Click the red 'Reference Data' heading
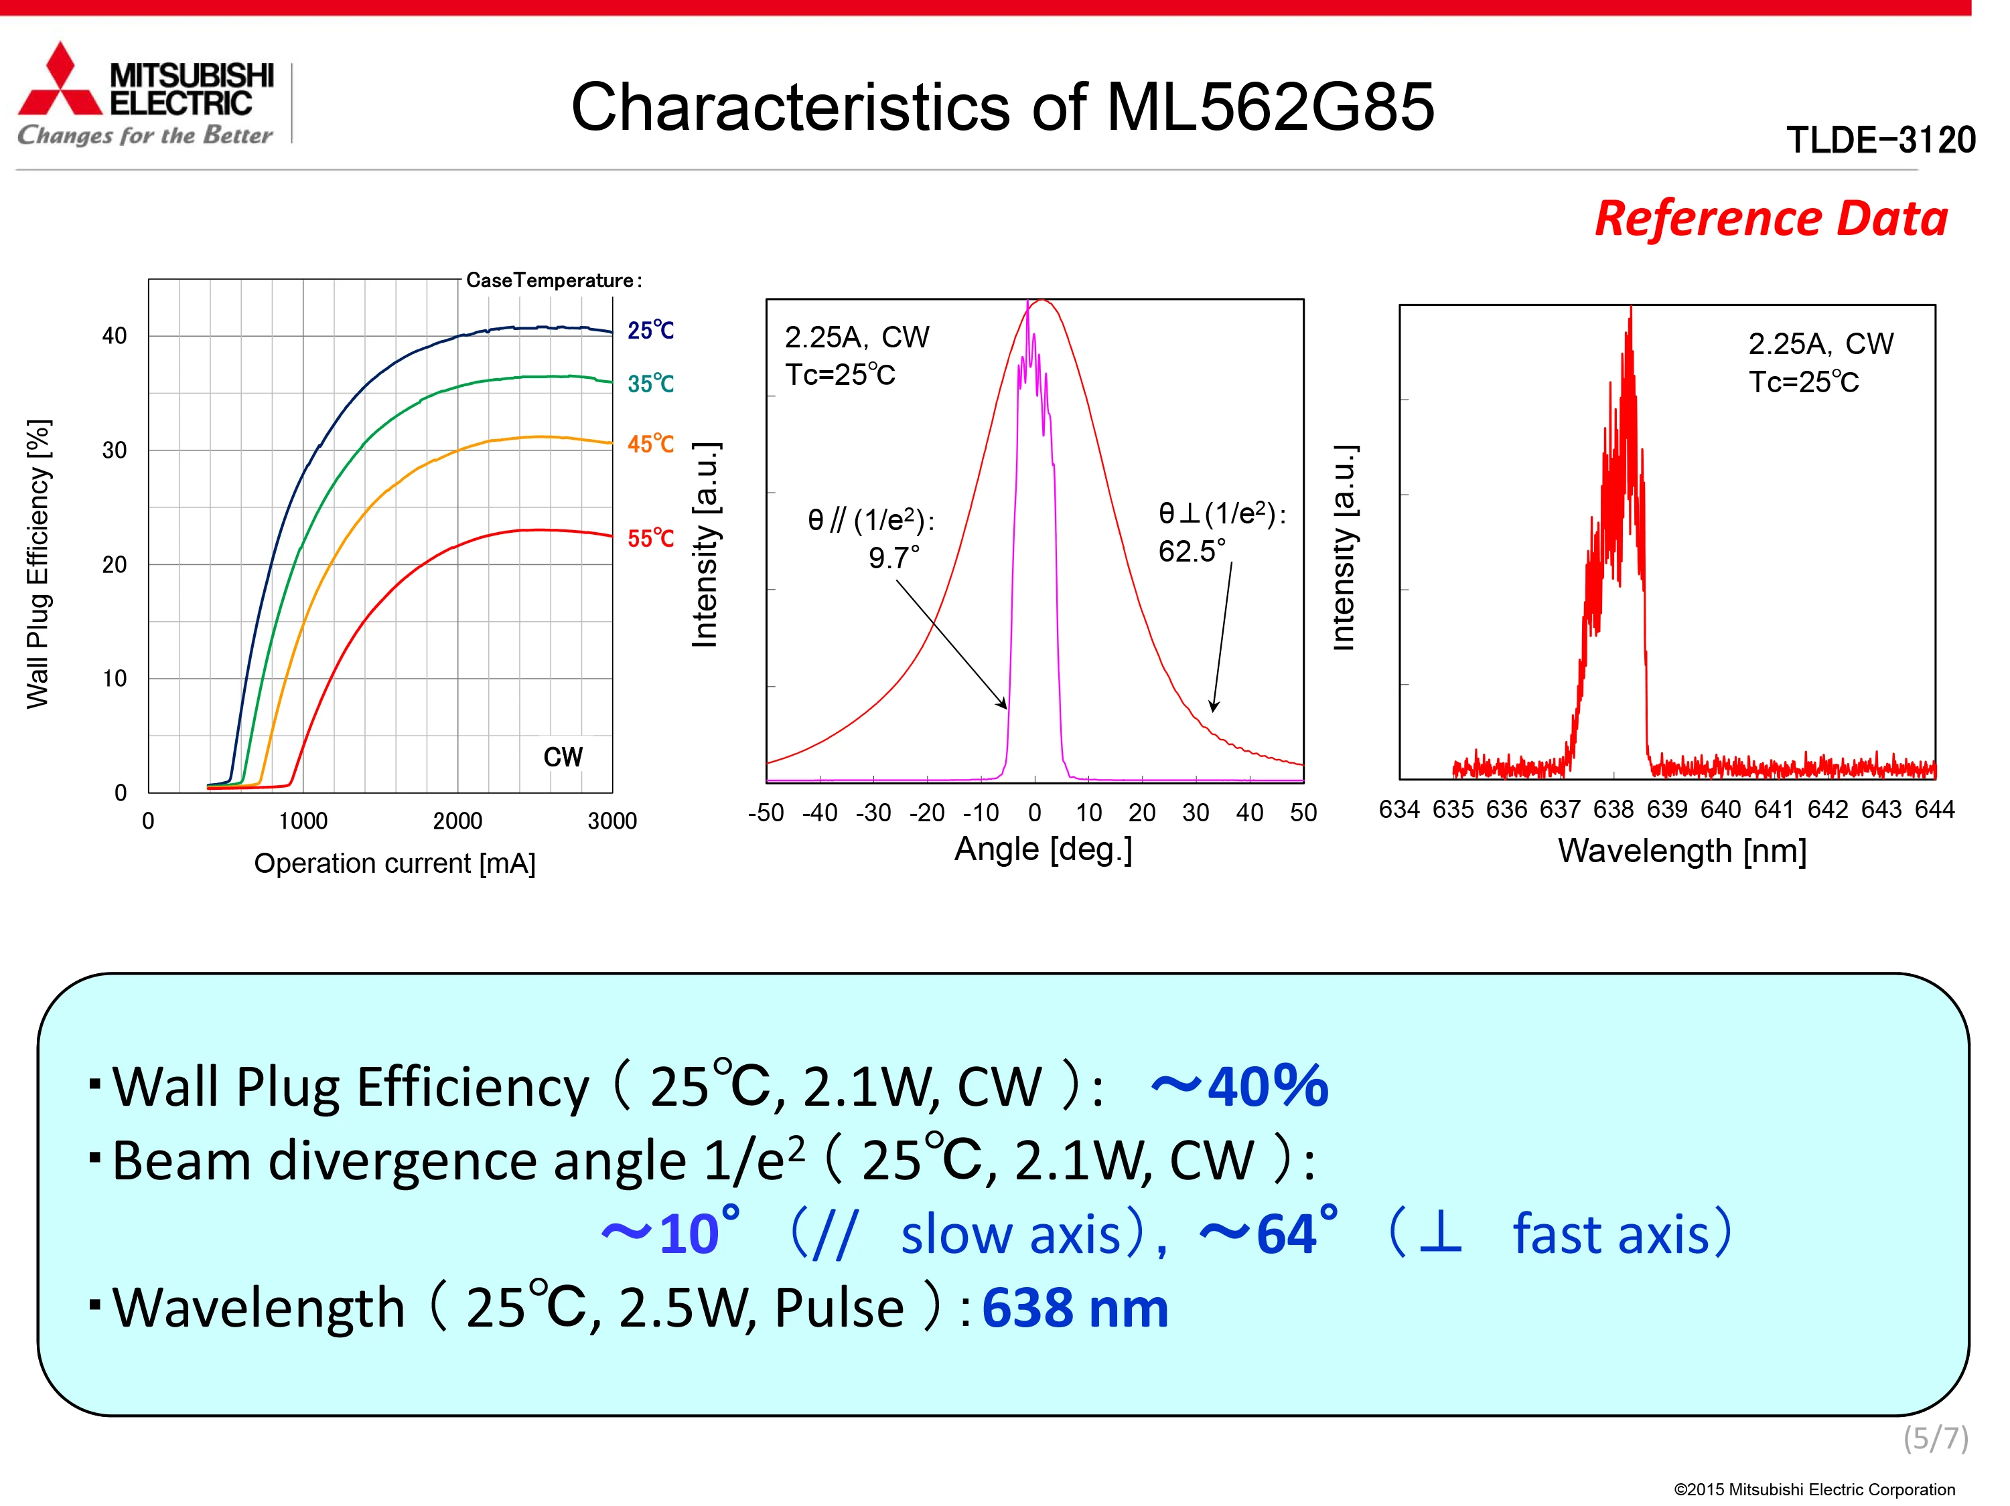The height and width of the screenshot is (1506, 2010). click(1770, 219)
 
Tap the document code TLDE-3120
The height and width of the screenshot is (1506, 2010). click(1880, 141)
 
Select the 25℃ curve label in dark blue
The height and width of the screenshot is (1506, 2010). click(650, 331)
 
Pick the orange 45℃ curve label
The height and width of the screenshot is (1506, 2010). click(650, 444)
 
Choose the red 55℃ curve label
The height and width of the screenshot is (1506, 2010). click(650, 539)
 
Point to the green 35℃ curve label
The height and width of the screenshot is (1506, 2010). click(650, 384)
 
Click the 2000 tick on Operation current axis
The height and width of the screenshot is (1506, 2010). click(457, 821)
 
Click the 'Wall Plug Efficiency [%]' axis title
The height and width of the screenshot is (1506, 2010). click(38, 563)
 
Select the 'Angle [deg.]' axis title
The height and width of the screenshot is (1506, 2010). click(1042, 849)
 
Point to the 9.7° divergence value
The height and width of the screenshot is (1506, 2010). click(893, 558)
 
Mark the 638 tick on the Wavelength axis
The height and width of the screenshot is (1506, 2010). click(1613, 809)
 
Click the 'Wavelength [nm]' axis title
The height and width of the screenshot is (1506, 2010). click(1682, 851)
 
